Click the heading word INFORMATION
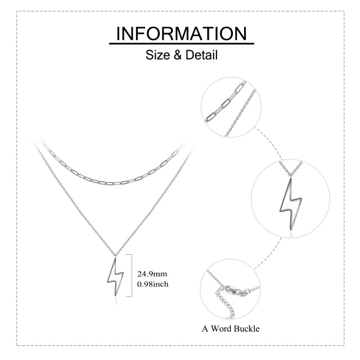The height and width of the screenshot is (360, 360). coord(181,34)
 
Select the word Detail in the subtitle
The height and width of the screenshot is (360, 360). coord(201,55)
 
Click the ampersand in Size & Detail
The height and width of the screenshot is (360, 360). coord(178,55)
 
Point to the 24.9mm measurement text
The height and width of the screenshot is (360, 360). coord(152,274)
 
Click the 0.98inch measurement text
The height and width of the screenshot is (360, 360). coord(152,284)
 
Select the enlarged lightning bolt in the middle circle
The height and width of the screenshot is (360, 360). coord(290,204)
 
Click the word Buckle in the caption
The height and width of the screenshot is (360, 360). coord(247,328)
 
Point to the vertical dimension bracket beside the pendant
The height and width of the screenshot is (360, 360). coord(132,276)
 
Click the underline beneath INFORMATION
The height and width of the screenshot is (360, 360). coord(181,43)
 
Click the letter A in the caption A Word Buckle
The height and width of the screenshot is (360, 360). coord(205,328)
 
